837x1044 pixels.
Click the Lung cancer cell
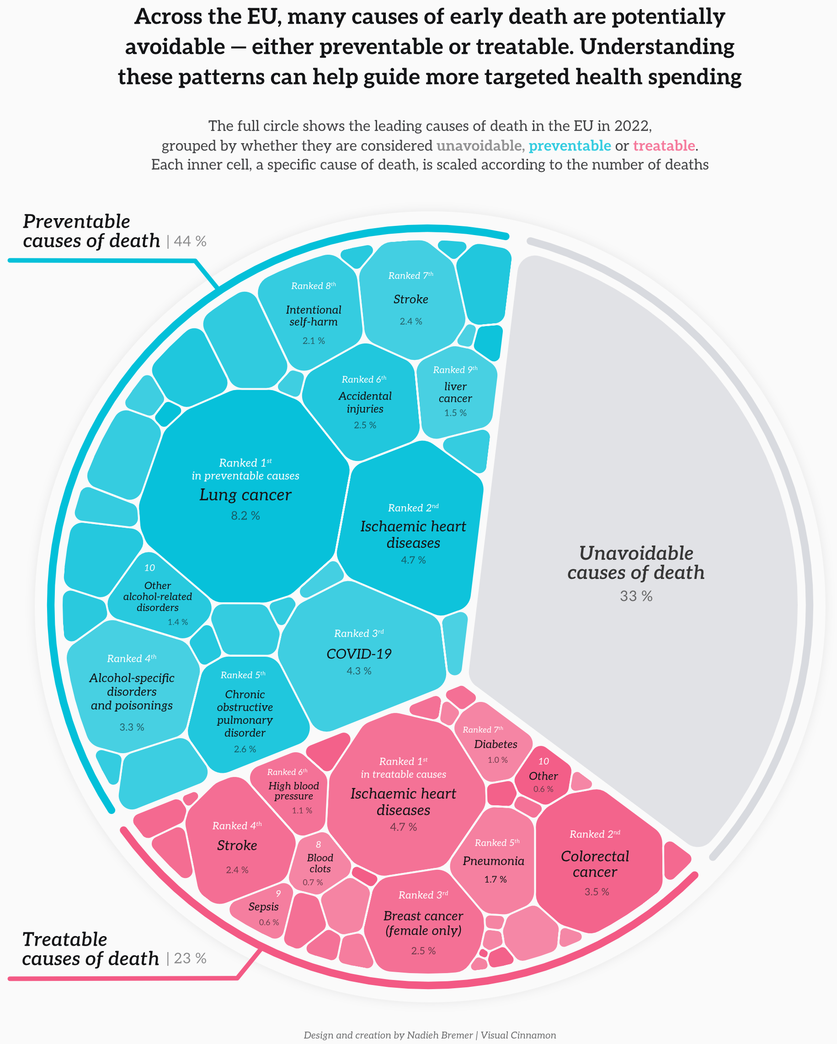pyautogui.click(x=245, y=494)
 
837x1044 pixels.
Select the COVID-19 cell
pyautogui.click(x=359, y=654)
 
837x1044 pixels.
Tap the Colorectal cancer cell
pyautogui.click(x=595, y=864)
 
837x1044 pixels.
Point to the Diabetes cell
pyautogui.click(x=495, y=744)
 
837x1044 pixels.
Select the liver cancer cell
pyautogui.click(x=455, y=393)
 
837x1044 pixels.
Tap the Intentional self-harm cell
pyautogui.click(x=313, y=316)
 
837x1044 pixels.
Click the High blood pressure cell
pyautogui.click(x=293, y=791)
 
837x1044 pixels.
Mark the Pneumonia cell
pyautogui.click(x=493, y=861)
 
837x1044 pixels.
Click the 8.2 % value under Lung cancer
pyautogui.click(x=245, y=516)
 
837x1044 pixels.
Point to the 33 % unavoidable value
pyautogui.click(x=636, y=596)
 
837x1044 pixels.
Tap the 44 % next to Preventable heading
pyautogui.click(x=190, y=241)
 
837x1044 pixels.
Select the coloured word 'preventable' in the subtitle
pyautogui.click(x=569, y=146)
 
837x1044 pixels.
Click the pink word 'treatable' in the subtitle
pyautogui.click(x=664, y=146)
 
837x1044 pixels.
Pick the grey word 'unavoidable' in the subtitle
pyautogui.click(x=479, y=146)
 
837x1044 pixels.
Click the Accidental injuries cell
pyautogui.click(x=365, y=402)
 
